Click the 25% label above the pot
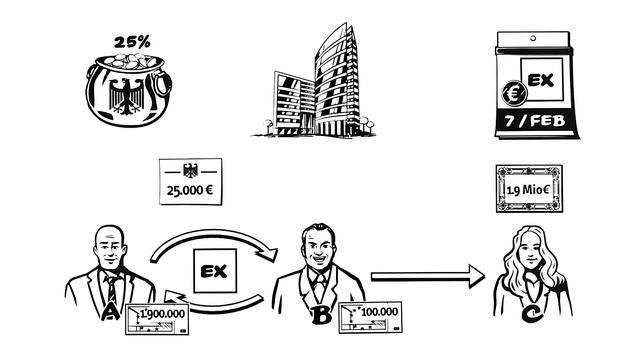pos(132,42)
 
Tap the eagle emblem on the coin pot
pos(127,96)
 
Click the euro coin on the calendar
pos(514,93)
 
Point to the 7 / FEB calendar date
pos(535,121)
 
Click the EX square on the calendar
pos(542,79)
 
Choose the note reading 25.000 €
pos(191,182)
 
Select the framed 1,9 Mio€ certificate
pos(529,189)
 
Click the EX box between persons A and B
pos(215,271)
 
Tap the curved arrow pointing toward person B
pos(212,237)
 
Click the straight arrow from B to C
pos(428,277)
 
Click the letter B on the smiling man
pos(321,315)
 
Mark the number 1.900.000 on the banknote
pos(163,314)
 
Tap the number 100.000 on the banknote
pos(380,312)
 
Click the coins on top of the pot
pos(131,61)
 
